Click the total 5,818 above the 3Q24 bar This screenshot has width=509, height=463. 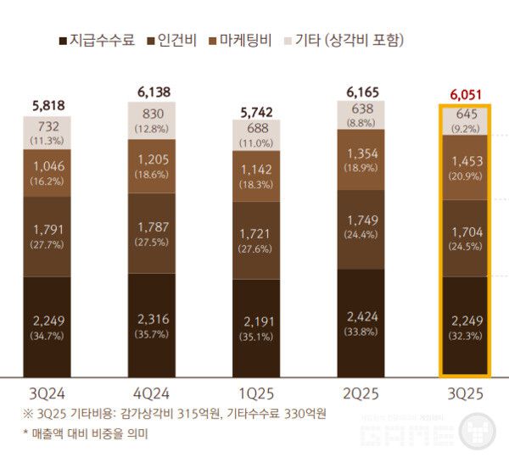[x=47, y=106]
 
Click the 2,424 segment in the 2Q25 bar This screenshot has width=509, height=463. [x=361, y=316]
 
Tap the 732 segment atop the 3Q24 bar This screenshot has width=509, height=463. [x=47, y=125]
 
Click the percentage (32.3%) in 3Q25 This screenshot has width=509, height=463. [x=464, y=335]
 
